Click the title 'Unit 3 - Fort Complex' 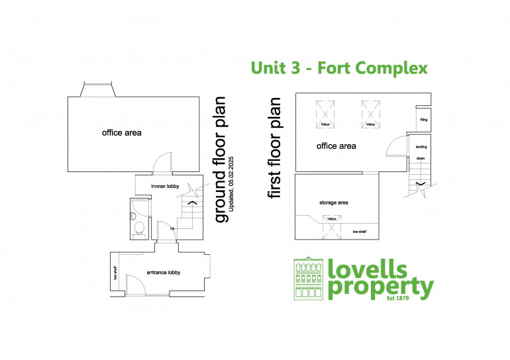point(339,68)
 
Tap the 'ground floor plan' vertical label point(221,159)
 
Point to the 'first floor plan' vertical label point(274,148)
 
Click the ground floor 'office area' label point(121,133)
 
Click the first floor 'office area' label point(336,146)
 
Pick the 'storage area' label point(333,202)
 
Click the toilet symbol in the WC point(138,228)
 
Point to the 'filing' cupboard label point(423,120)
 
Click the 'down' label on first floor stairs point(421,159)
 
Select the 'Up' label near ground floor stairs point(172,229)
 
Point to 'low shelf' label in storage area point(360,232)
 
